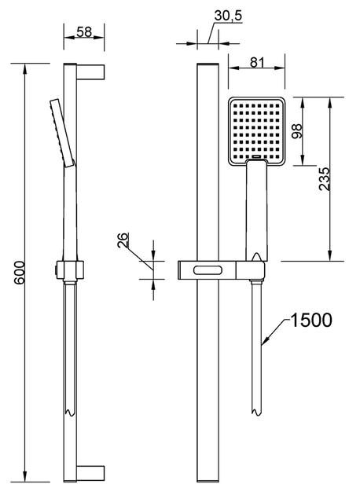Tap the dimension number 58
point(82,33)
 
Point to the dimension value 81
point(257,63)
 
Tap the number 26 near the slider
point(123,240)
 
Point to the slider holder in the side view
point(70,269)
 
